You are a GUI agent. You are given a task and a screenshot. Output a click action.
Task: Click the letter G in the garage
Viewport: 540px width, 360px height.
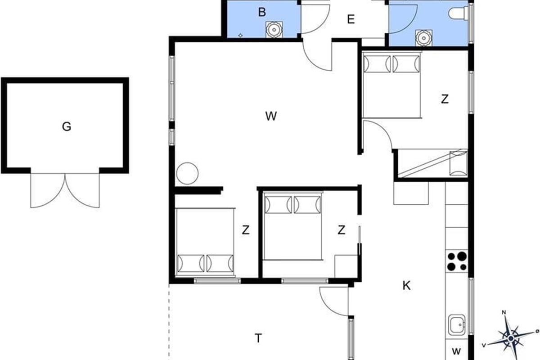67,126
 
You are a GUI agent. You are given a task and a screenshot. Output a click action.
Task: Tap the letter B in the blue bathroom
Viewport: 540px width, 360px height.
262,12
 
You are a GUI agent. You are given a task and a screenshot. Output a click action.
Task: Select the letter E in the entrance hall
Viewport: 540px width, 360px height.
351,19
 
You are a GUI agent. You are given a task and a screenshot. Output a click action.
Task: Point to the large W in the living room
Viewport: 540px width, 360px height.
271,116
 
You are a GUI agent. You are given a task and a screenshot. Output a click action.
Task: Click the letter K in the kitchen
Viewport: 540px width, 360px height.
407,286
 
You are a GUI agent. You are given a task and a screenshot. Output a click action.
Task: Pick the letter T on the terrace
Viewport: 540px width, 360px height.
258,338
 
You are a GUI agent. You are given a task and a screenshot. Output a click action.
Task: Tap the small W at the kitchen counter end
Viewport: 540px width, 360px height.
456,351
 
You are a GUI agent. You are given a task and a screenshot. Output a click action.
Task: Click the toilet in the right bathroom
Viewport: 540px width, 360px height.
459,13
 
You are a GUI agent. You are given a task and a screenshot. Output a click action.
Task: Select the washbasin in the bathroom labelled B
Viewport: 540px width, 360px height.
274,29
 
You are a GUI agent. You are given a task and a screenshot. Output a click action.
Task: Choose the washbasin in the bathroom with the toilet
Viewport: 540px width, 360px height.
424,38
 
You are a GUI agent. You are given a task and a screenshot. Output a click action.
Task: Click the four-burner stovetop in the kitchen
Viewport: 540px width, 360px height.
457,261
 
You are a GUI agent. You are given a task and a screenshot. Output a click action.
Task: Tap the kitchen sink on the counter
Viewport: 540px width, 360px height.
457,325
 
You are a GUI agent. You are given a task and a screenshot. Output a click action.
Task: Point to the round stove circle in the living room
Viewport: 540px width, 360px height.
187,173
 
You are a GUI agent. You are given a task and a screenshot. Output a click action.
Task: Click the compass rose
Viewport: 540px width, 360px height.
510,338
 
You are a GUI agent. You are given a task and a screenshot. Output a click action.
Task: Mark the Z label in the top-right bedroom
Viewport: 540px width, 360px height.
445,99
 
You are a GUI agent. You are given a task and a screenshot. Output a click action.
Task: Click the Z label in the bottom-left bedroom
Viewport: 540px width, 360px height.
246,230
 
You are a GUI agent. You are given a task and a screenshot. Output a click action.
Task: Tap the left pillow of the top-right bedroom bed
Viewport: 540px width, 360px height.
377,64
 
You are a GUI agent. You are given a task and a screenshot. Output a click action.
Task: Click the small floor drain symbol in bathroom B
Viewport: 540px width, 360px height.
240,36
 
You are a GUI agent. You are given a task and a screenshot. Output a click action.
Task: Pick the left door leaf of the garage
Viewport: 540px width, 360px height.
48,191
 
